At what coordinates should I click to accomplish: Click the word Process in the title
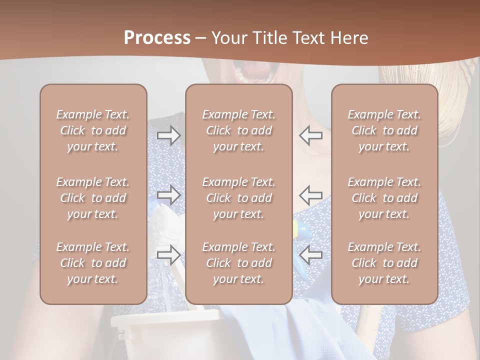tap(157, 38)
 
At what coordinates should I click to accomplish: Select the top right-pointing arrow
tap(168, 135)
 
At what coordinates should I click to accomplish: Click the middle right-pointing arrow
tap(168, 195)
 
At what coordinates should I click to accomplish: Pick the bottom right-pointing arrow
tap(168, 255)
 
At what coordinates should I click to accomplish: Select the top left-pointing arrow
tap(310, 135)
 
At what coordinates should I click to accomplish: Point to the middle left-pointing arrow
tap(310, 195)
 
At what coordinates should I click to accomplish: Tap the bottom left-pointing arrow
tap(310, 255)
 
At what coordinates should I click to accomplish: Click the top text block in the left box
tap(93, 130)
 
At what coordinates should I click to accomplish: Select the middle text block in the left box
tap(93, 198)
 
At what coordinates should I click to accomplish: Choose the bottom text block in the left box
tap(93, 263)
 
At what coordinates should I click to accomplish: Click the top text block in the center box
tap(238, 130)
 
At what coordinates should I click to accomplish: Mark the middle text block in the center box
tap(238, 198)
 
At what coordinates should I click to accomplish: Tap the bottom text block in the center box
tap(238, 263)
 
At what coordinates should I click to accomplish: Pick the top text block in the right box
tap(384, 130)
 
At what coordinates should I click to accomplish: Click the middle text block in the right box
tap(384, 198)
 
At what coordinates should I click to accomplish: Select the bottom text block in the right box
tap(384, 263)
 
